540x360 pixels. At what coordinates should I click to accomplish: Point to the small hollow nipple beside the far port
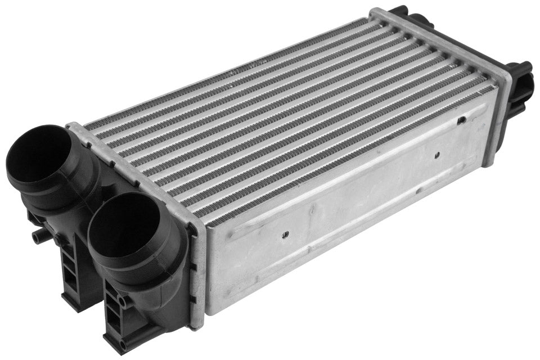[38, 236]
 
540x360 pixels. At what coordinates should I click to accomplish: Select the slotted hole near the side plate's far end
[461, 120]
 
